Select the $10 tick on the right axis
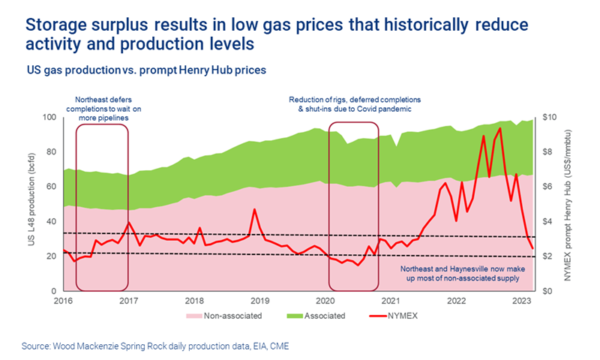(x=548, y=117)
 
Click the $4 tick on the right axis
(x=546, y=221)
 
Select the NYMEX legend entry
(x=403, y=316)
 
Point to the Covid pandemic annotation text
(x=355, y=104)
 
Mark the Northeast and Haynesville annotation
(x=463, y=272)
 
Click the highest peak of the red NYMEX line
(x=500, y=127)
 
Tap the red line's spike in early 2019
(x=255, y=209)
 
